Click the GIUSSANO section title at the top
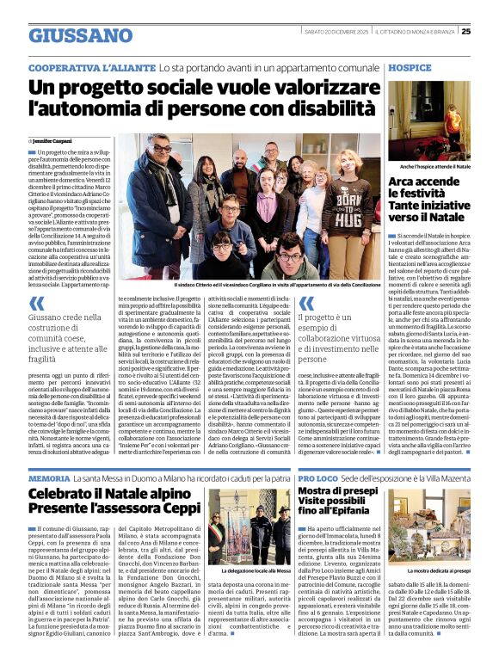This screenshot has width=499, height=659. (x=81, y=35)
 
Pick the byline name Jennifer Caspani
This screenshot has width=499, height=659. (x=54, y=139)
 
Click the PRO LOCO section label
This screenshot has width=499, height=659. (x=318, y=477)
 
